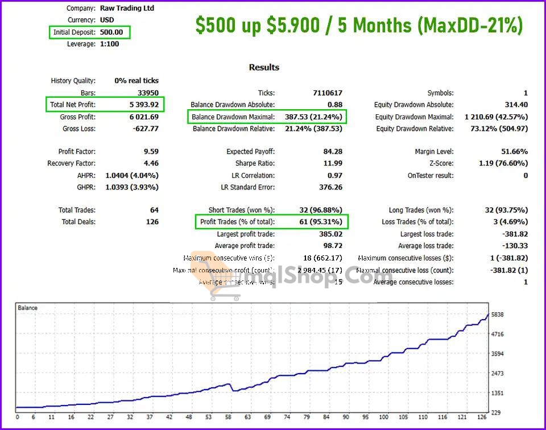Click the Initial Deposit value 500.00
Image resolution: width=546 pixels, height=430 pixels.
116,32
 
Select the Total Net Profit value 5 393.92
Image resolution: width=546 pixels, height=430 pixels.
139,105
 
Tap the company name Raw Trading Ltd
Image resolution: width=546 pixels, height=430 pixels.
127,9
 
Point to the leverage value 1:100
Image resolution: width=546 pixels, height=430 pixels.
109,44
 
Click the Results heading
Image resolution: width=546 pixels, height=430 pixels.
264,67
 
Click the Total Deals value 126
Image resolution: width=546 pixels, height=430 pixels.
152,222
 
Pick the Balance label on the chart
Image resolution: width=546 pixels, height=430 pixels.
28,308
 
